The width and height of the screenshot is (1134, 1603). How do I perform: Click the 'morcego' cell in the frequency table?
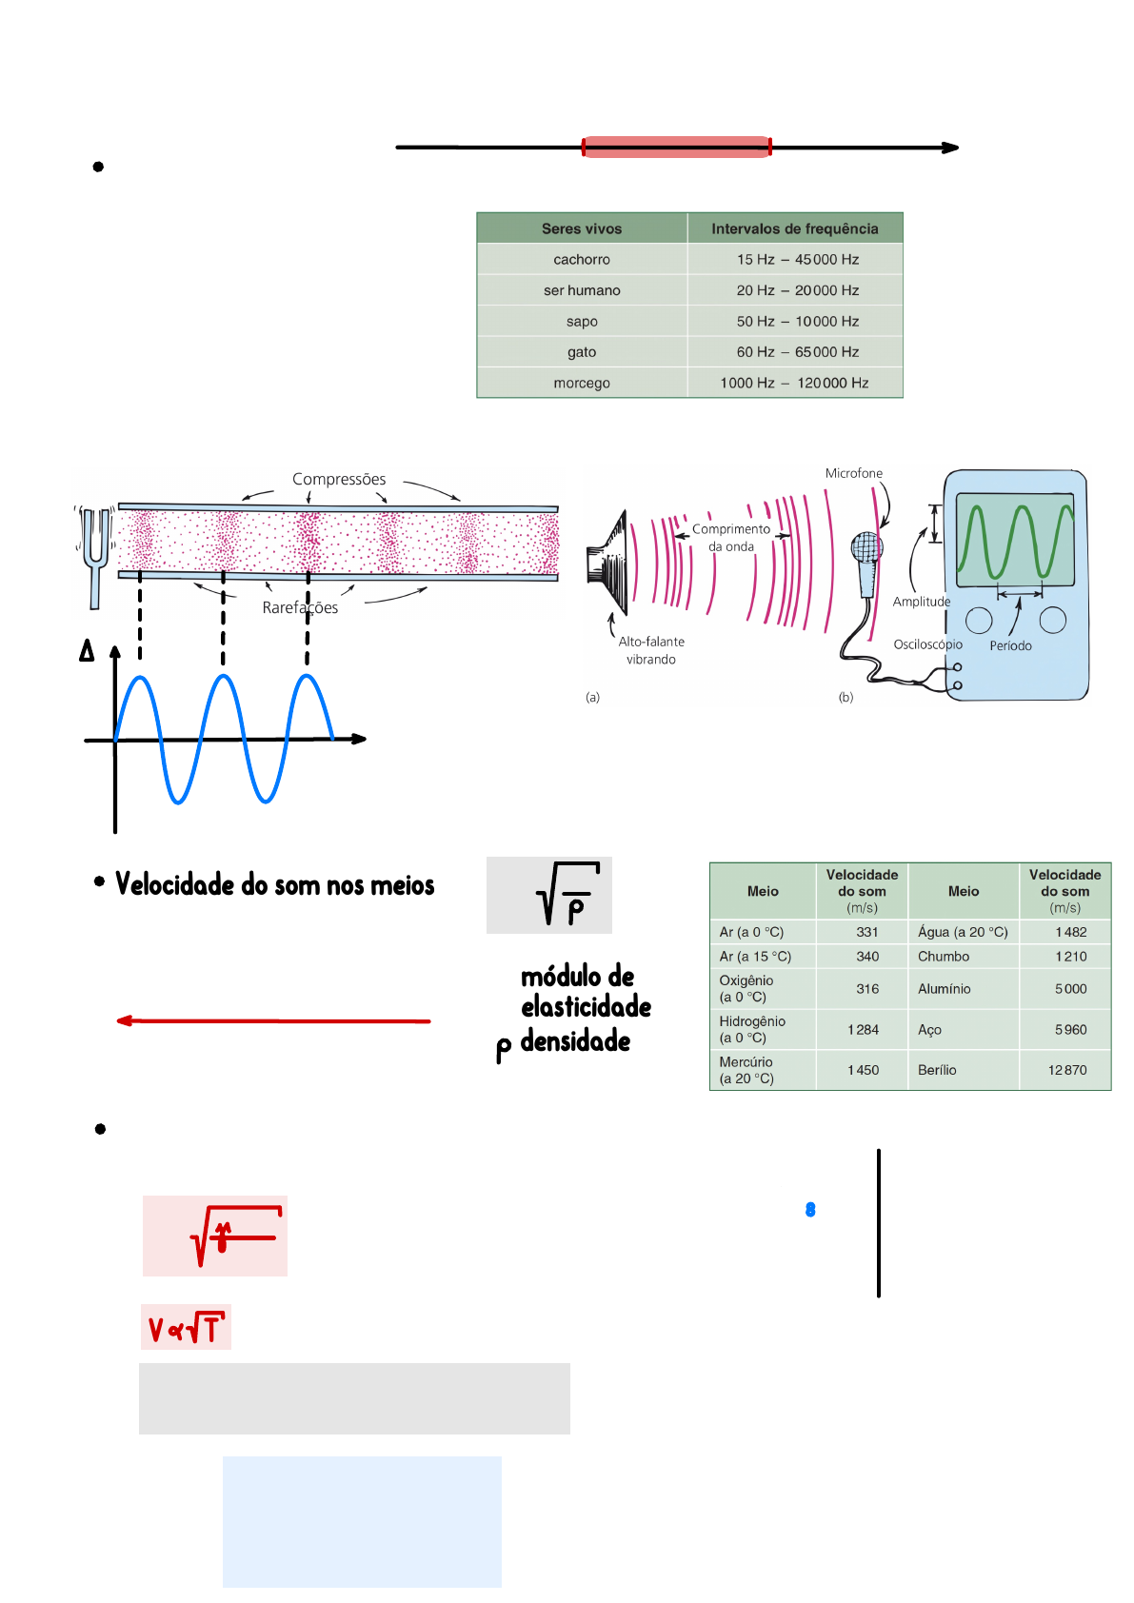pyautogui.click(x=582, y=383)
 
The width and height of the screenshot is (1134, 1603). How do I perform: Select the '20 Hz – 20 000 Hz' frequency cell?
pyautogui.click(x=797, y=290)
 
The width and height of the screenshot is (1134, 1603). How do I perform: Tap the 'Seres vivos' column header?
pyautogui.click(x=582, y=228)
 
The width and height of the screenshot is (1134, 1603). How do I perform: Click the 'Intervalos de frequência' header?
pyautogui.click(x=794, y=228)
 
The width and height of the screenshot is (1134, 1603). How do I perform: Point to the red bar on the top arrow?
pyautogui.click(x=676, y=147)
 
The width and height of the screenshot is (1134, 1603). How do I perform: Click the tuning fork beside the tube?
pyautogui.click(x=95, y=552)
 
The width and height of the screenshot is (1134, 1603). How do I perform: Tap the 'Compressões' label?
pyautogui.click(x=339, y=479)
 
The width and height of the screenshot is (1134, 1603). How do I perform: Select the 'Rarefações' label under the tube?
pyautogui.click(x=300, y=607)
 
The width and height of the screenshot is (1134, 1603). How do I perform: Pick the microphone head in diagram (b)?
pyautogui.click(x=866, y=546)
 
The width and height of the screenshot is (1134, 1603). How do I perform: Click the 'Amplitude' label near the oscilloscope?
pyautogui.click(x=921, y=602)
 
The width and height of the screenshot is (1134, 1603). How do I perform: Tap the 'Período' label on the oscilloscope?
pyautogui.click(x=1010, y=645)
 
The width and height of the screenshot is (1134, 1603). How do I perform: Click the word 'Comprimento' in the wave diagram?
pyautogui.click(x=731, y=529)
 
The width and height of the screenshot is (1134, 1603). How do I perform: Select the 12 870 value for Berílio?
pyautogui.click(x=1067, y=1070)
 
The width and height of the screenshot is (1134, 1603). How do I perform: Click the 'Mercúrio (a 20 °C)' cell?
pyautogui.click(x=747, y=1070)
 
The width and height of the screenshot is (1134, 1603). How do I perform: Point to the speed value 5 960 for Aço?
pyautogui.click(x=1070, y=1029)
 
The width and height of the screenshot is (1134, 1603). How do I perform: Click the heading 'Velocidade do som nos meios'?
pyautogui.click(x=274, y=885)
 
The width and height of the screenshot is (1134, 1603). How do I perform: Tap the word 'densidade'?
pyautogui.click(x=575, y=1041)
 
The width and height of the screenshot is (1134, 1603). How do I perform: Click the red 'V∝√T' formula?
pyautogui.click(x=186, y=1328)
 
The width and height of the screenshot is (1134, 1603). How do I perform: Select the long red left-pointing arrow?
pyautogui.click(x=273, y=1020)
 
